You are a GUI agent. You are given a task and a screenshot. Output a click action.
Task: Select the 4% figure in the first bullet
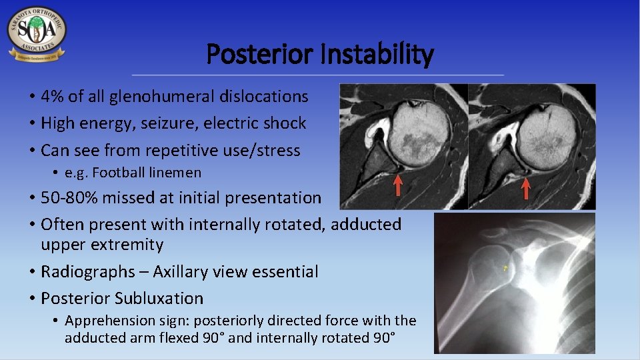(x=53, y=97)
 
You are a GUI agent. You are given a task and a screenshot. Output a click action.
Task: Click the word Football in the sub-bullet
(x=114, y=173)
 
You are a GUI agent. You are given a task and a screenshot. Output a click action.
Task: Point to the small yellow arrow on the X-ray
(x=505, y=268)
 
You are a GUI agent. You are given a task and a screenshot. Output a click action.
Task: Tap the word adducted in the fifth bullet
(x=366, y=225)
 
